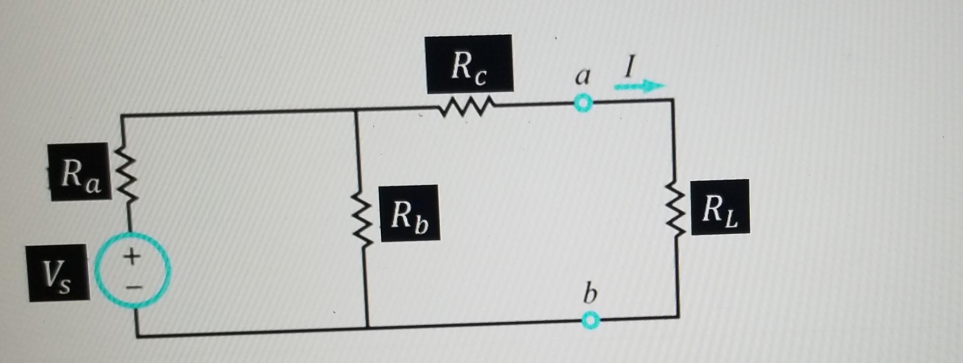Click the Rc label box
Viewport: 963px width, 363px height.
(469, 64)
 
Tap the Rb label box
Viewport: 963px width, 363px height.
(409, 213)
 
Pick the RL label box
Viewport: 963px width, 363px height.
(720, 207)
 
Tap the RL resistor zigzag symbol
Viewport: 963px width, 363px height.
(675, 208)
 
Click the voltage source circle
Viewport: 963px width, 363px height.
(132, 271)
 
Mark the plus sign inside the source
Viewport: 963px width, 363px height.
(132, 257)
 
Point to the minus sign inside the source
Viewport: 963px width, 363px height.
(133, 288)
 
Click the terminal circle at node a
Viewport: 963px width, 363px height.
(583, 103)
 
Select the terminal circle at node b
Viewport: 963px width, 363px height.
(591, 320)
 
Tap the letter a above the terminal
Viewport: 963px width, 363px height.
(582, 76)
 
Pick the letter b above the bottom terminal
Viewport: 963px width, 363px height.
(590, 293)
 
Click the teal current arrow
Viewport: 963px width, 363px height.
(639, 86)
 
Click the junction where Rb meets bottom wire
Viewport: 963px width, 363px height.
(368, 327)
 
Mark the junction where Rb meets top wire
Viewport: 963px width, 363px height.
(356, 110)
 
